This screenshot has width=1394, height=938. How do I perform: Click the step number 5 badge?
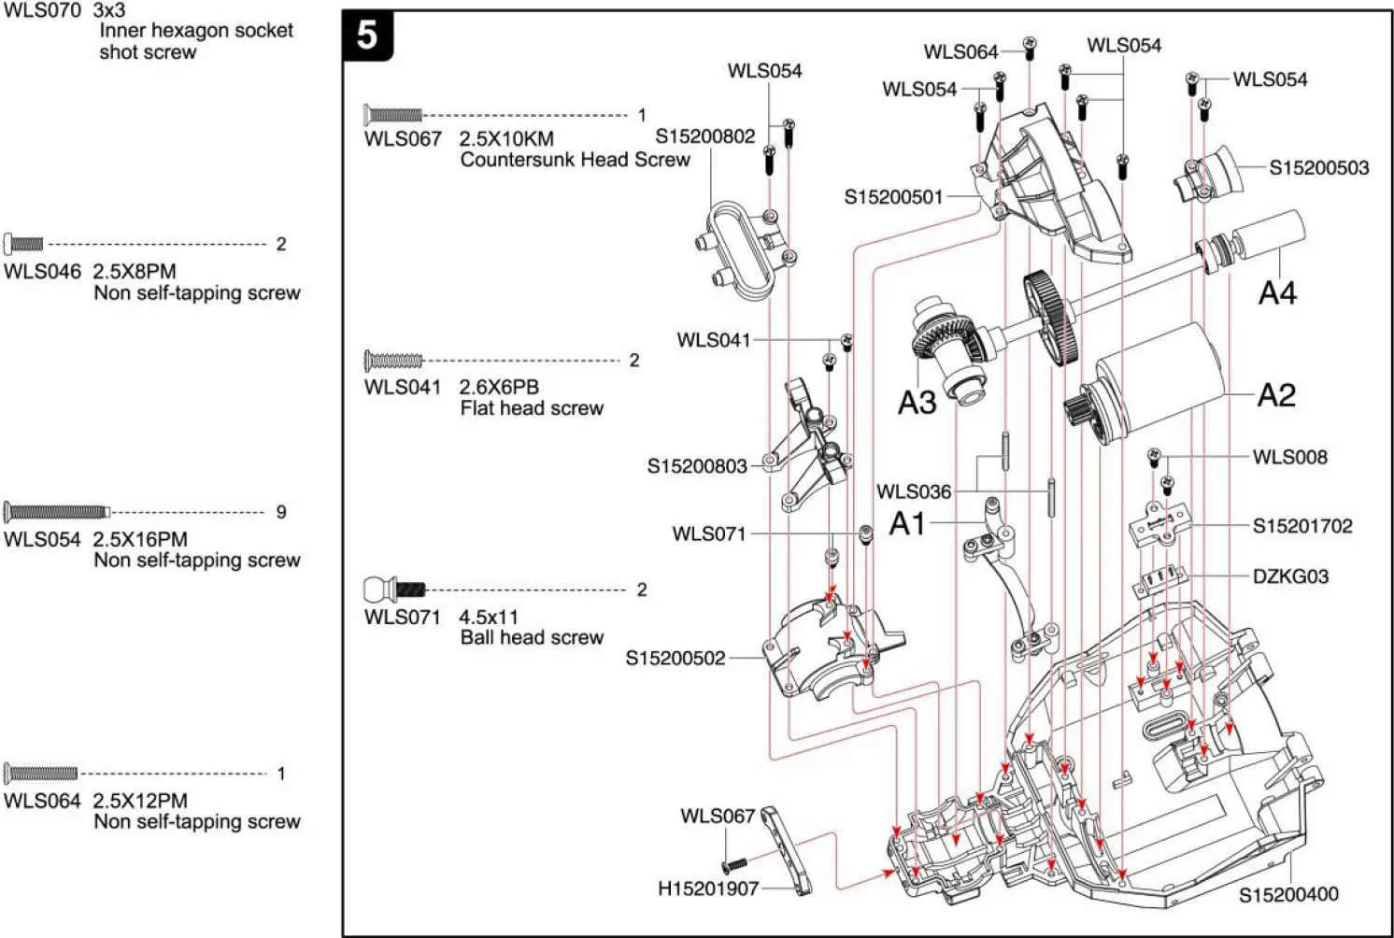[x=367, y=36]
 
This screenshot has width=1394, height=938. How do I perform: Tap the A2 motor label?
[x=1276, y=395]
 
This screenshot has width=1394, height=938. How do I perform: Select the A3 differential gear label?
[x=917, y=403]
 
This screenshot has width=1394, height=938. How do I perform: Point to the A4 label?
[x=1277, y=293]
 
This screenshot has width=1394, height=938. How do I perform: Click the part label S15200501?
[x=893, y=197]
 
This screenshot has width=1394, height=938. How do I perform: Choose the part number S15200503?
[x=1318, y=168]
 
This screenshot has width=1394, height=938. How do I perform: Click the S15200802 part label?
[x=704, y=136]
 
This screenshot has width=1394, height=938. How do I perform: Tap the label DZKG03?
[x=1290, y=576]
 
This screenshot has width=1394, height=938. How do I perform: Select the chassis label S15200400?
[x=1288, y=894]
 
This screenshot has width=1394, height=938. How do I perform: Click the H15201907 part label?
[x=708, y=888]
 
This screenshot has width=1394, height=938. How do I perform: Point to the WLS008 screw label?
[x=1289, y=457]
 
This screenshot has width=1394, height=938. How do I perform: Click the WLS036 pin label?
[x=913, y=491]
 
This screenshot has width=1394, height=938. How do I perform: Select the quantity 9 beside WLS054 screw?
[x=281, y=512]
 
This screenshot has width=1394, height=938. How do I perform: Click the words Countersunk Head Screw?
[x=575, y=160]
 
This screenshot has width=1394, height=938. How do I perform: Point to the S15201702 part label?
[x=1302, y=526]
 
